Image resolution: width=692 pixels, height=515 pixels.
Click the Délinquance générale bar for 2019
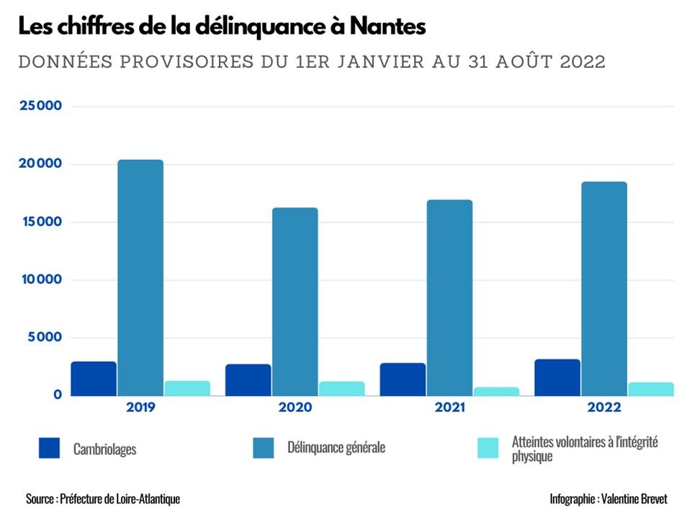point(140,277)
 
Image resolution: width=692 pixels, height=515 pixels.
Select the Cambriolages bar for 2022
point(557,377)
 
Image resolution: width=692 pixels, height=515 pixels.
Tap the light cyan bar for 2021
point(496,391)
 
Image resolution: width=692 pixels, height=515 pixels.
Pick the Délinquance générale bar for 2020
point(295,301)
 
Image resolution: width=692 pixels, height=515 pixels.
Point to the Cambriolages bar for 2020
point(248,380)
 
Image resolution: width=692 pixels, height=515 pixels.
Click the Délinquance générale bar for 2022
point(604,288)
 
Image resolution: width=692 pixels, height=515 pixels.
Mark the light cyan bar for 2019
point(187,388)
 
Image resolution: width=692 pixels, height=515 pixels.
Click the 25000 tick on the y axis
point(40,106)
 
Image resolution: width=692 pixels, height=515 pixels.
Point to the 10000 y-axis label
point(40,279)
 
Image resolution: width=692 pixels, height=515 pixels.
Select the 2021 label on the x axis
point(449,408)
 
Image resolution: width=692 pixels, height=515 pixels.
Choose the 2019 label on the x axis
point(140,408)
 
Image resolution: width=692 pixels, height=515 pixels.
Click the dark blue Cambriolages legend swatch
point(50,448)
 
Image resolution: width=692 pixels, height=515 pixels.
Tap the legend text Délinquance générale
point(336,448)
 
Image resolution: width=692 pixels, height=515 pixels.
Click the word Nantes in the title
point(388,27)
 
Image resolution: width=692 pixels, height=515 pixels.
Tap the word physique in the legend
point(532,457)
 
